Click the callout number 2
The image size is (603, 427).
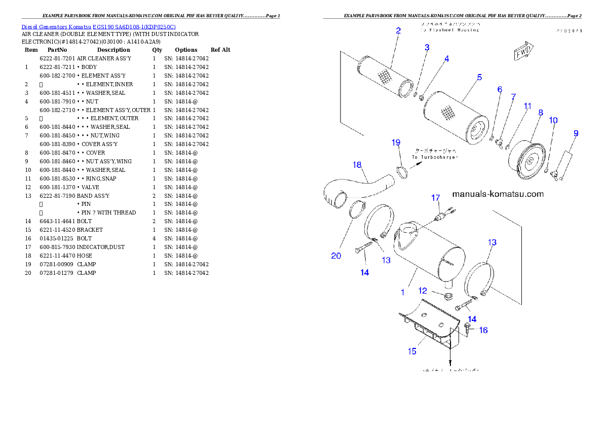(x=398, y=30)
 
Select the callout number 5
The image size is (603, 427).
(x=479, y=77)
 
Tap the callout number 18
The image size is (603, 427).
(x=357, y=165)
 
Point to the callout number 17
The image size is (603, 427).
(x=436, y=198)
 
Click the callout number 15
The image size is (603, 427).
(x=412, y=351)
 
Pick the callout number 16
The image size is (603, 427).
(x=483, y=330)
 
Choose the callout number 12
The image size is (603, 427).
(x=423, y=291)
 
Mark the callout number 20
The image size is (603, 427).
(x=336, y=256)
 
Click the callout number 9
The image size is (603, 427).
(x=576, y=133)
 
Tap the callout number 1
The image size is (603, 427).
(x=403, y=292)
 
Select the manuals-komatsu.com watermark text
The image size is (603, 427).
(x=498, y=194)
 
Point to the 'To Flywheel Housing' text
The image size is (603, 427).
(x=448, y=30)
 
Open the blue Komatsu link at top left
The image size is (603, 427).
(x=98, y=27)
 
